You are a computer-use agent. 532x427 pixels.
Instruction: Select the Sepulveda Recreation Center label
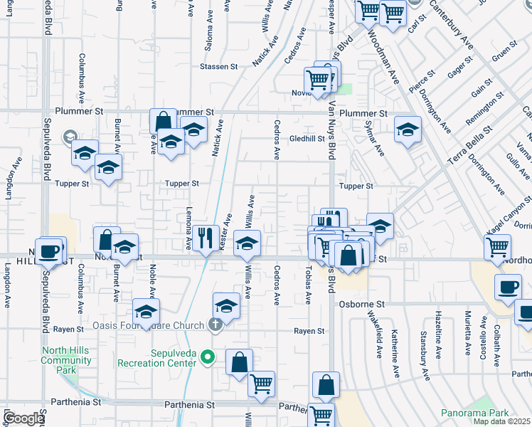(153, 358)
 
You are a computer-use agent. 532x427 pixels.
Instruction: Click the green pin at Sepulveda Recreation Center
(208, 357)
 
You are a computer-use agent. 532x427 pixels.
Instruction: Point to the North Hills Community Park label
(66, 360)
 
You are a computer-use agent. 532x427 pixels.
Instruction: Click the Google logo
(24, 418)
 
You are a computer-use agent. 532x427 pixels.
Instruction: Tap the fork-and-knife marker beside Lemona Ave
(206, 238)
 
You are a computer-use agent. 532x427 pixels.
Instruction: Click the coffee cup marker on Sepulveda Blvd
(49, 251)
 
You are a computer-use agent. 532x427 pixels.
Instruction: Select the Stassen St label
(218, 67)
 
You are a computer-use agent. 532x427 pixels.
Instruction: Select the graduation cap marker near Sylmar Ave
(408, 130)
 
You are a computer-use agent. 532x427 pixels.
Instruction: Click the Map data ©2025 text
(501, 421)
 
